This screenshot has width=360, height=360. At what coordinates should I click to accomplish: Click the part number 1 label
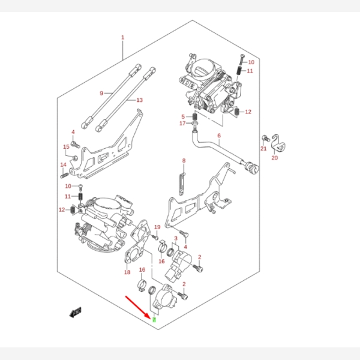(122, 38)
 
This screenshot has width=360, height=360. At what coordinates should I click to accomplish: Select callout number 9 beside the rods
(101, 93)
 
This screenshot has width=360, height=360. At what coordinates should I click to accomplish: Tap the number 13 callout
(139, 100)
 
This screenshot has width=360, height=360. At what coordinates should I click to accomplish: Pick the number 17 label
(183, 124)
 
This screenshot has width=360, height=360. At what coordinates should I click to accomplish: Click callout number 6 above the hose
(219, 136)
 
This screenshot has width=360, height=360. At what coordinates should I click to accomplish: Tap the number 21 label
(263, 148)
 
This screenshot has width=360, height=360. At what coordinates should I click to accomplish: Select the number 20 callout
(274, 158)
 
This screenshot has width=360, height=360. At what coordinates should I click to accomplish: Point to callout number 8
(184, 160)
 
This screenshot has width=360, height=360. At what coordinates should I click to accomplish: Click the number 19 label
(157, 227)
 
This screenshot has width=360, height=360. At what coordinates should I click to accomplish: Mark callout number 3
(175, 238)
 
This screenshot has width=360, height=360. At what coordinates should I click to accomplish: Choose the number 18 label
(127, 272)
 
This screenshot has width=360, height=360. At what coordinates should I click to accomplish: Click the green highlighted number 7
(154, 319)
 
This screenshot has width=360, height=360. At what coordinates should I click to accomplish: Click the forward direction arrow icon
(76, 311)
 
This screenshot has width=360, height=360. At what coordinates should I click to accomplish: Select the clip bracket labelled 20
(277, 142)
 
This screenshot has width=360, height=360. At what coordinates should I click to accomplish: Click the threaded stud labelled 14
(62, 175)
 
